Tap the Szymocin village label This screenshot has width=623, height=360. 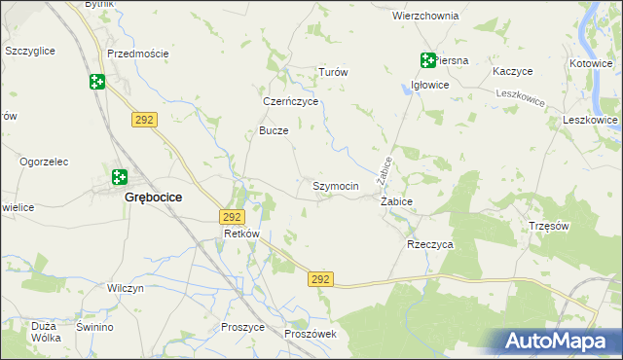[336, 185]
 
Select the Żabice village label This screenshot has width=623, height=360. [396, 201]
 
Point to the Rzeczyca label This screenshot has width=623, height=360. [430, 245]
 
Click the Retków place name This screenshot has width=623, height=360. [241, 234]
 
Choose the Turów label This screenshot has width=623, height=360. [334, 72]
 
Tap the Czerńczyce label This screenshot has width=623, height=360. [291, 100]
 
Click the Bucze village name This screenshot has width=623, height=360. [274, 130]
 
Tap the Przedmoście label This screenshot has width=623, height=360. [137, 54]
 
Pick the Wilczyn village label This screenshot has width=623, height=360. [126, 289]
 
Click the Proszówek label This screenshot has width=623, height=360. [311, 334]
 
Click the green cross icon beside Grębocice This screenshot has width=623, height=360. [119, 177]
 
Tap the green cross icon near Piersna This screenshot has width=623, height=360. [427, 60]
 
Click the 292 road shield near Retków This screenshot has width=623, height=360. [232, 217]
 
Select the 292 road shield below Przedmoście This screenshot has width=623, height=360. [144, 118]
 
